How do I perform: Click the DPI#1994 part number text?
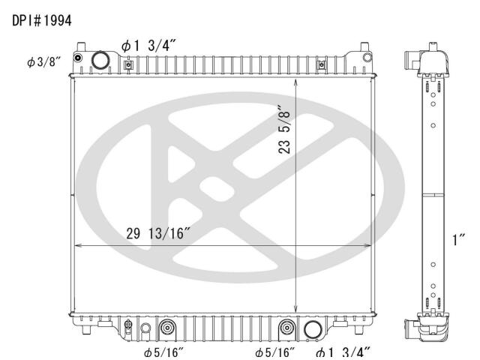coord(42,20)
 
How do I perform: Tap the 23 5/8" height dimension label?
coord(284,130)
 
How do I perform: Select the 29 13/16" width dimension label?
coord(159,233)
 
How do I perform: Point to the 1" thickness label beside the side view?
coord(458,239)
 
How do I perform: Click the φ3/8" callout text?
coord(43,62)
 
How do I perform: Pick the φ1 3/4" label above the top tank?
coord(148,46)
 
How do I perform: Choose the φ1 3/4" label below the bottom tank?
coord(343,352)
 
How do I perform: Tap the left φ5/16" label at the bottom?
coord(163,352)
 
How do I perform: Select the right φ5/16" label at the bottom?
coord(275,352)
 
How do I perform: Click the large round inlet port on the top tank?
coord(100,60)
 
